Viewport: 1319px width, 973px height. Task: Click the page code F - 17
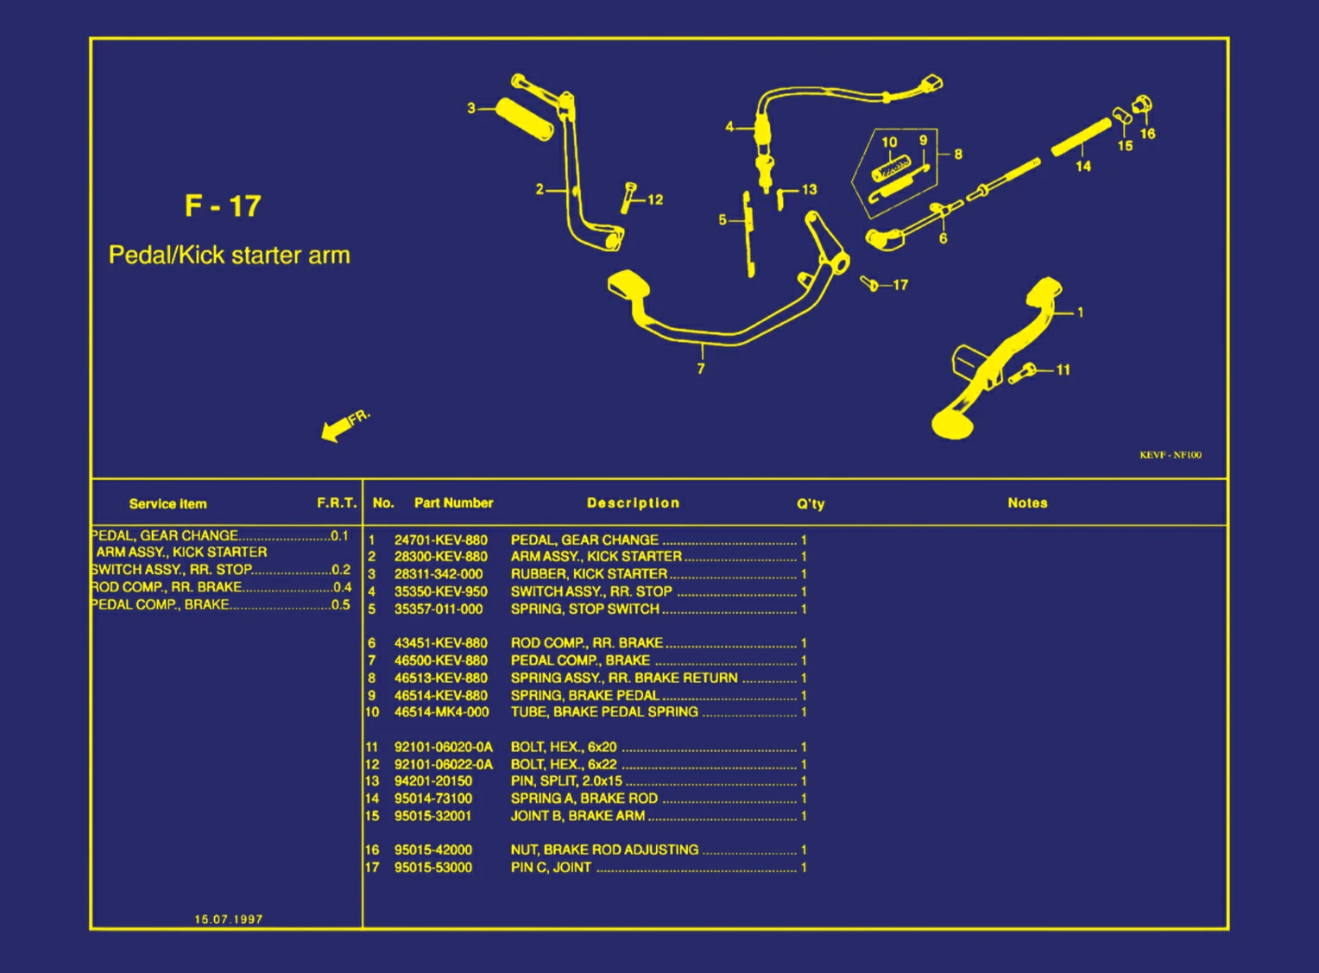(223, 206)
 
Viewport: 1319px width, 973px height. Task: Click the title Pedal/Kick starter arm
(230, 256)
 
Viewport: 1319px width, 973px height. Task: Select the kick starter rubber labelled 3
(524, 117)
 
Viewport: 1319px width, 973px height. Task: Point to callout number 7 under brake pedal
(701, 369)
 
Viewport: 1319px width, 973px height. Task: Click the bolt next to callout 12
(629, 198)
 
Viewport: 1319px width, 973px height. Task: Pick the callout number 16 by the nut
(1147, 134)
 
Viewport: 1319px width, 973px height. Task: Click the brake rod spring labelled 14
(1081, 137)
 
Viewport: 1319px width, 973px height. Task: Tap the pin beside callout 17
(870, 283)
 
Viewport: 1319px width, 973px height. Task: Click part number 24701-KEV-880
(440, 540)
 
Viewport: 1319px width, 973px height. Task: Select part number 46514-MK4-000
(441, 712)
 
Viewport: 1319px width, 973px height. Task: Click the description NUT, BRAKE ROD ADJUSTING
(604, 850)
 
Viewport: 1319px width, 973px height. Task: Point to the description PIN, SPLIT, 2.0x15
(566, 780)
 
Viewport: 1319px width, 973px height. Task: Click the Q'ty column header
(810, 503)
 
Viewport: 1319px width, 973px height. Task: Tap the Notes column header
(1027, 502)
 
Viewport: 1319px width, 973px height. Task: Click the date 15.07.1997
(228, 919)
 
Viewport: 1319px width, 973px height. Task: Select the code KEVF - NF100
(1170, 455)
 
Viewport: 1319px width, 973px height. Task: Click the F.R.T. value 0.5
(341, 604)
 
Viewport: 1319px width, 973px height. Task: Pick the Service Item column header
(167, 503)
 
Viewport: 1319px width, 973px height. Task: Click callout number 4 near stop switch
(729, 127)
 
